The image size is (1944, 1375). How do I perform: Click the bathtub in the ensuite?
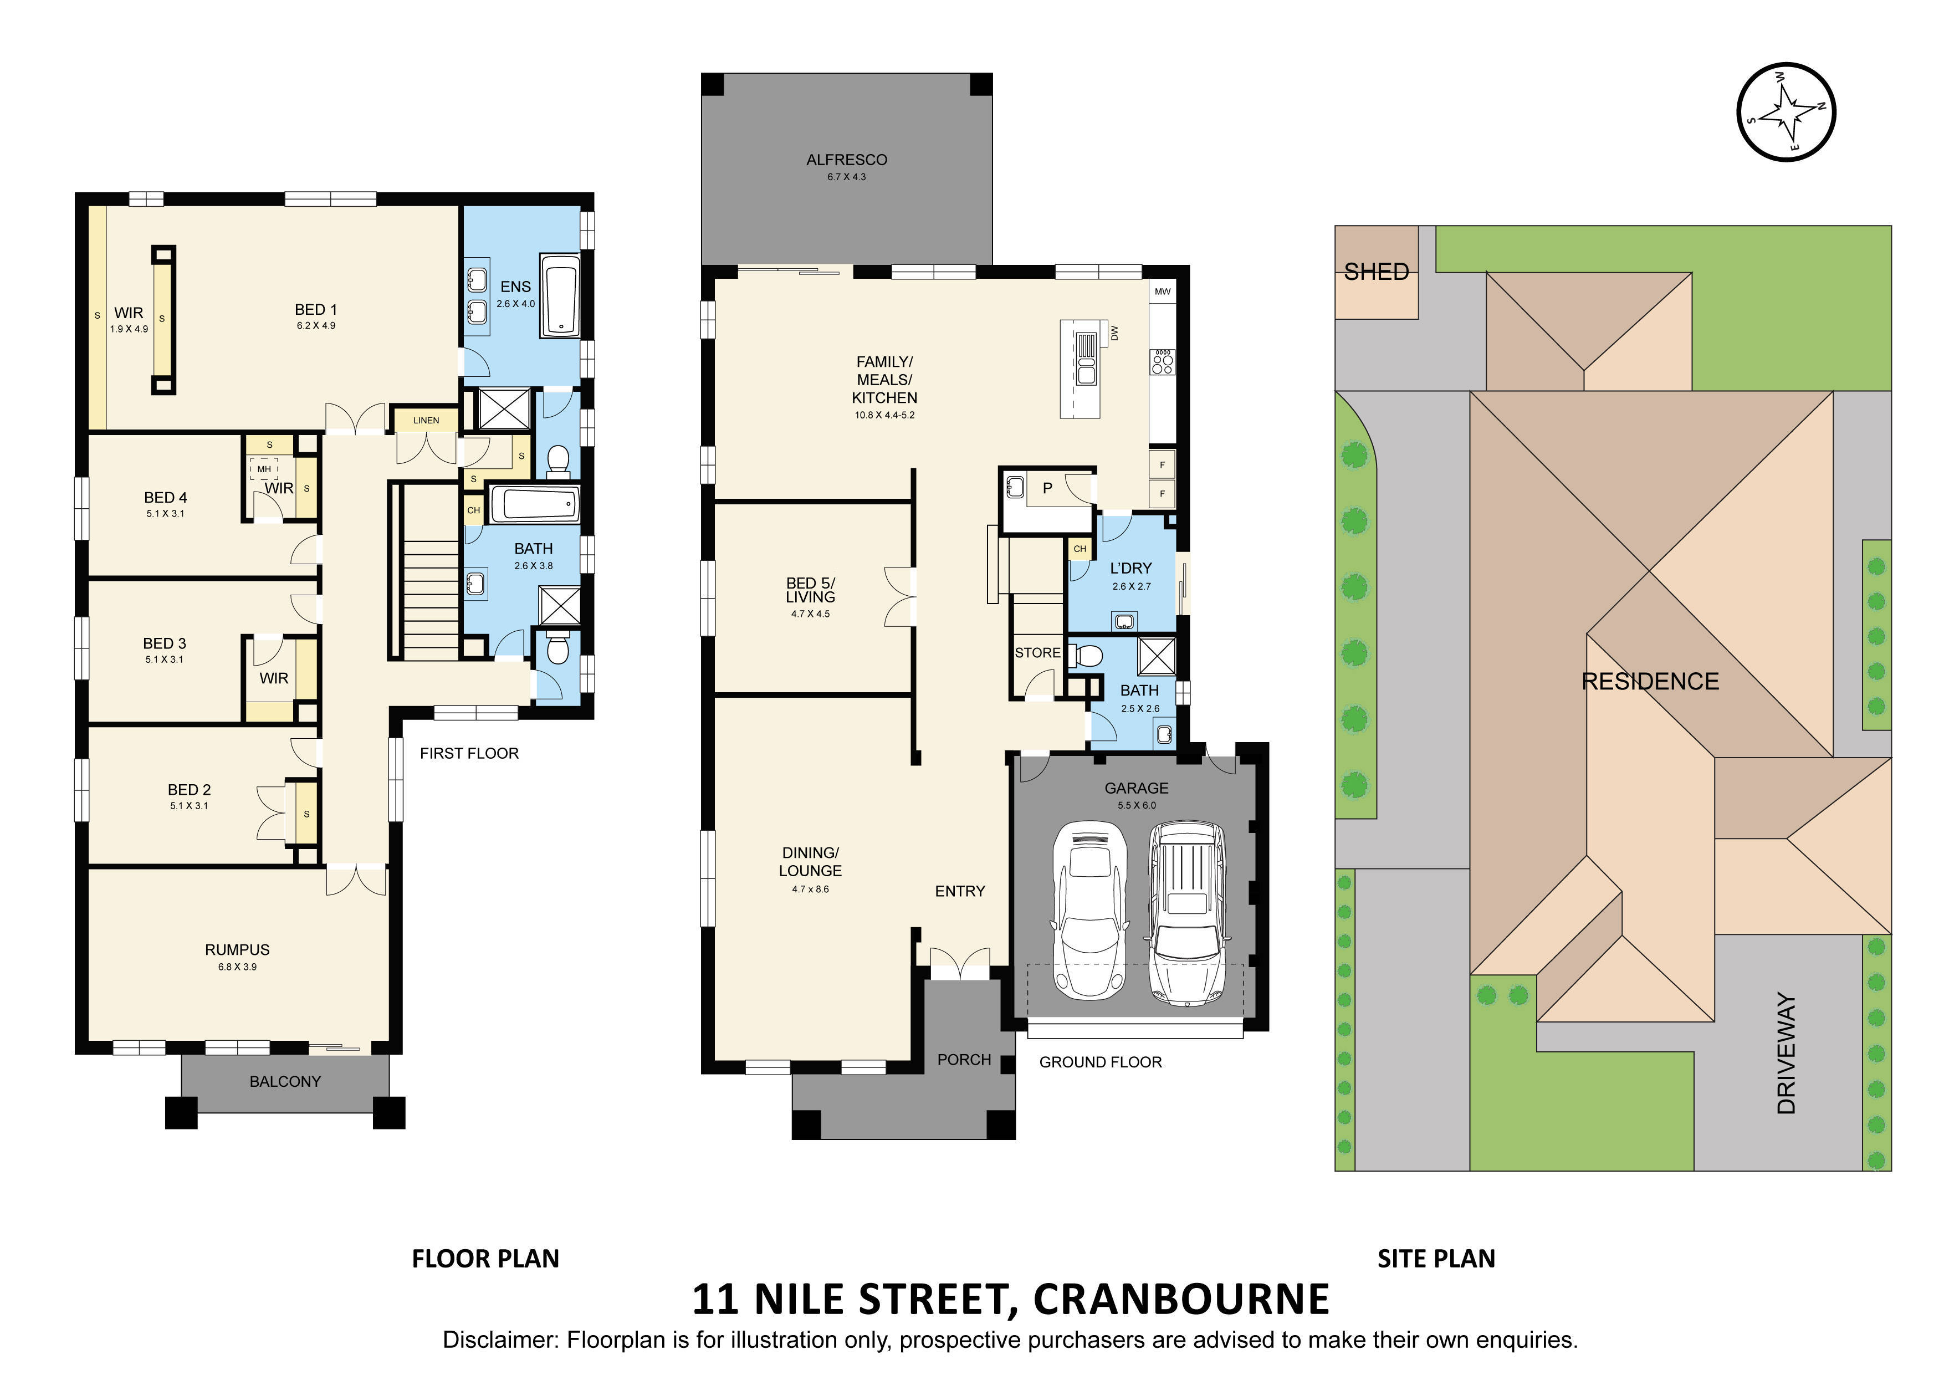[560, 295]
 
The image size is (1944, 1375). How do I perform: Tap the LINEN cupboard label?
[426, 420]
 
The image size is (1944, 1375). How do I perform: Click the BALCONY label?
[285, 1081]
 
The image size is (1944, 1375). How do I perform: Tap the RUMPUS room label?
[237, 950]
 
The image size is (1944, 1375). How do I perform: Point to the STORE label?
[1037, 653]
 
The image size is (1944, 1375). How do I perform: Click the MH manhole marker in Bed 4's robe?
[264, 468]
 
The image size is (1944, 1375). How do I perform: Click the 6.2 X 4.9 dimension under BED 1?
[316, 325]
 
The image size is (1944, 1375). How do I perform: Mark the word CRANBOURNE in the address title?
[1181, 1299]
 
